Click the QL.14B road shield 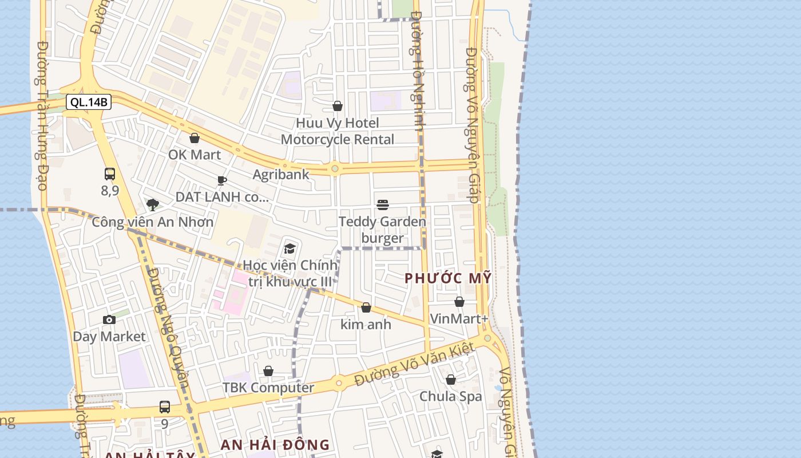coord(89,102)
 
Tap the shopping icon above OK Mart coord(195,138)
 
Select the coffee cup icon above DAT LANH coord(222,181)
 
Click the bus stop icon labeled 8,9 coord(110,174)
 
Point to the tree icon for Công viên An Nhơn coord(152,205)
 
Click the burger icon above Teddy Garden coord(383,205)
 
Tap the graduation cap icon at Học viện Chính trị coord(290,249)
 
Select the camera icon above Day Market coord(109,319)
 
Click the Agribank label coord(281,175)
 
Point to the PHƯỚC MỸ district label coord(448,279)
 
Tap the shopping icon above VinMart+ coord(459,302)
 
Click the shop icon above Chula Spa coord(451,380)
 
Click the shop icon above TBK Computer coord(268,371)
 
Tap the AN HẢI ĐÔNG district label coord(275,445)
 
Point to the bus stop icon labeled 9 coord(165,407)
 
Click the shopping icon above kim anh coord(366,307)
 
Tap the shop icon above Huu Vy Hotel coord(338,106)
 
